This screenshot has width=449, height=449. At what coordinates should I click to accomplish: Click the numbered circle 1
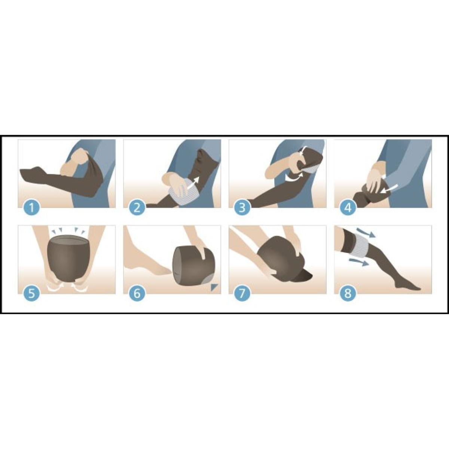point(32,208)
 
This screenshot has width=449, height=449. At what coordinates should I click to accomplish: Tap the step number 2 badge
point(137,208)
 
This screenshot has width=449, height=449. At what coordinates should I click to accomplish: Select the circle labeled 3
point(242,208)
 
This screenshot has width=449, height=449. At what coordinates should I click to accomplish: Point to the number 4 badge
point(348,208)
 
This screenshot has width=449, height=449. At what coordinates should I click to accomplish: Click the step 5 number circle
point(32,293)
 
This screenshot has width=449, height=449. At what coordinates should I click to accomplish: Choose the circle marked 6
point(137,293)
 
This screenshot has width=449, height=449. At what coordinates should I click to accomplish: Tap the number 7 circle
point(242,293)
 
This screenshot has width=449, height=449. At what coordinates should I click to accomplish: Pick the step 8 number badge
point(348,293)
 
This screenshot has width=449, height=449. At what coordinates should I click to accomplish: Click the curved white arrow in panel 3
point(294,178)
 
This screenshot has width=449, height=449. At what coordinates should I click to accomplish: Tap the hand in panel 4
point(375,177)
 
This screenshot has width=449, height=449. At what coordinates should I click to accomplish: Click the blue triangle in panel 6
point(214,287)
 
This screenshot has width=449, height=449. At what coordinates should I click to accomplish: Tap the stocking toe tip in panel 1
point(22,173)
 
